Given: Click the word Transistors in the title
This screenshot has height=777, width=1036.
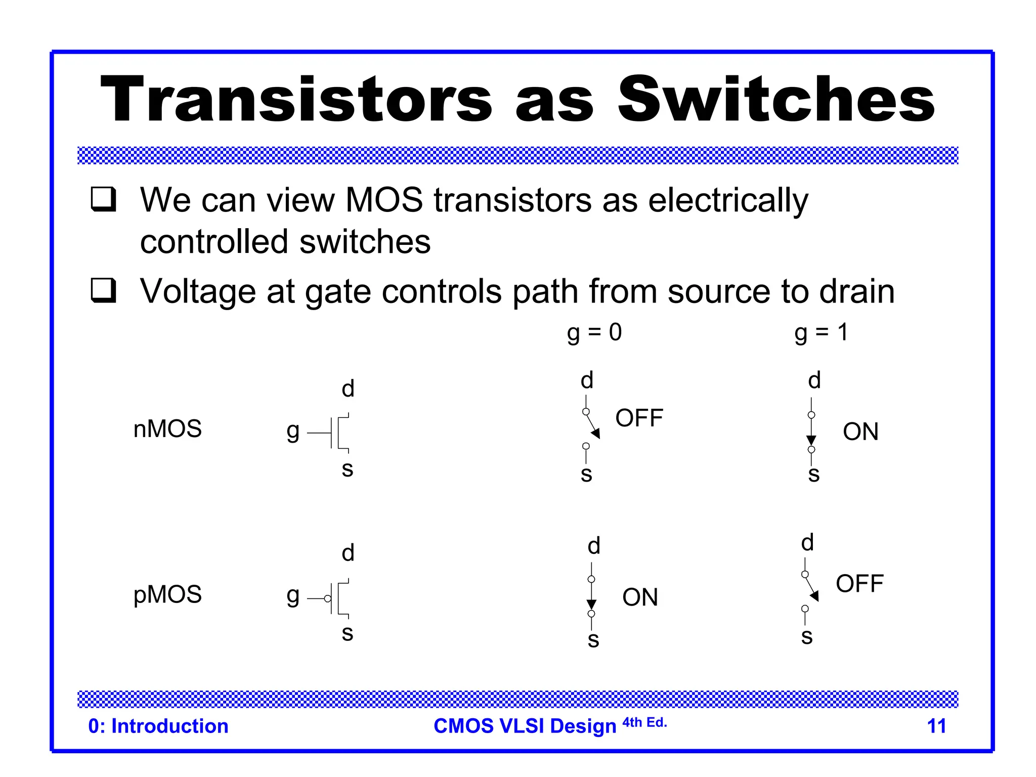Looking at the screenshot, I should coord(296,99).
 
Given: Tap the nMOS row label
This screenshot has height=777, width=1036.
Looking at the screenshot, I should coord(167,429).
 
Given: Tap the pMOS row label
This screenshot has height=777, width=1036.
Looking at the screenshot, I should coord(167,594).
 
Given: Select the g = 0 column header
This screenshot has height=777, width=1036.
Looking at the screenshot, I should coord(594,333).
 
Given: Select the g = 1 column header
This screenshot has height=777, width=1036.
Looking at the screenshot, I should coord(821,333).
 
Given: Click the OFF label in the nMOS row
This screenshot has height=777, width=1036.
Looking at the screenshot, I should coord(639,418).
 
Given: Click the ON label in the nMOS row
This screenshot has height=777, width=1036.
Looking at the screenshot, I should coord(860,432).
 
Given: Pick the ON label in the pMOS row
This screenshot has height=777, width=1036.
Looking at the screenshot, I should coord(640,597).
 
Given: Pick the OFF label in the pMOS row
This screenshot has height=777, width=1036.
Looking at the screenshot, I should coord(859,584).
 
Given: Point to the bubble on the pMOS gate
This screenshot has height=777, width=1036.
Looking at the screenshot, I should coord(328,599).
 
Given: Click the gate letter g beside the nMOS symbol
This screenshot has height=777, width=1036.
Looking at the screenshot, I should coord(293,431).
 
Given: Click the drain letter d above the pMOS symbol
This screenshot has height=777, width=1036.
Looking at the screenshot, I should coord(348,553).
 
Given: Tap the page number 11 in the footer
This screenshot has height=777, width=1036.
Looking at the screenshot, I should coord(936,726).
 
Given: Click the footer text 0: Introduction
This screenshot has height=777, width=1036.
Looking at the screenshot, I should coord(158,726).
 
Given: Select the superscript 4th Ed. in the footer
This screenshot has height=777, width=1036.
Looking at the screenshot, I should coord(644,722).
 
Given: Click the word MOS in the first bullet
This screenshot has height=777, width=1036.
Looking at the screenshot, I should coord(384,200).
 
